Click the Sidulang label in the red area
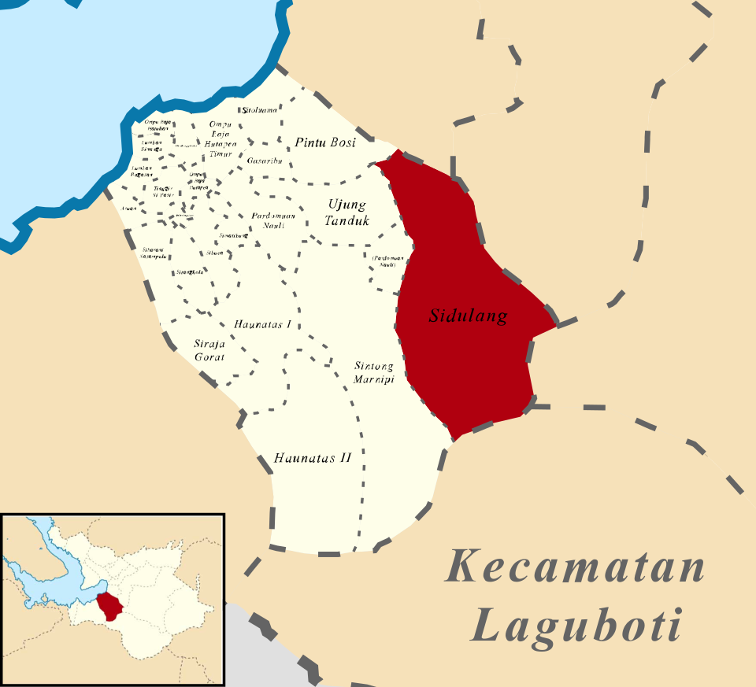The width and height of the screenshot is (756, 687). tap(468, 316)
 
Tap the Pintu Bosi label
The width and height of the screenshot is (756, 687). tap(325, 142)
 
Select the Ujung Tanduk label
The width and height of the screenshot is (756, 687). tap(346, 212)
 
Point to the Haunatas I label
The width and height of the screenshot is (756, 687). tap(263, 324)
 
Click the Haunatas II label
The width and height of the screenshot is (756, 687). tap(312, 457)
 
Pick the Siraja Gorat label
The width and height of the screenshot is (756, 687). tap(209, 349)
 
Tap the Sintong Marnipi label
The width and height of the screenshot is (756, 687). tap(373, 373)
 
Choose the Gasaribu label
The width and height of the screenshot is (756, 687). tap(264, 161)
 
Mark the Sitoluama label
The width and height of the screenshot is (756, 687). tap(260, 111)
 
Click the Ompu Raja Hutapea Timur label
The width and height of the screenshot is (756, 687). tap(222, 139)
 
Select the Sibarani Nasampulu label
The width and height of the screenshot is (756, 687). tap(153, 253)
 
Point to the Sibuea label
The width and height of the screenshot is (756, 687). tap(214, 253)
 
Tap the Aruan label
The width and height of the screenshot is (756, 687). tap(129, 209)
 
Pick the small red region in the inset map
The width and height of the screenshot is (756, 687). tap(111, 604)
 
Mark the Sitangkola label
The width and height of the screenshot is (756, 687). tap(190, 272)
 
